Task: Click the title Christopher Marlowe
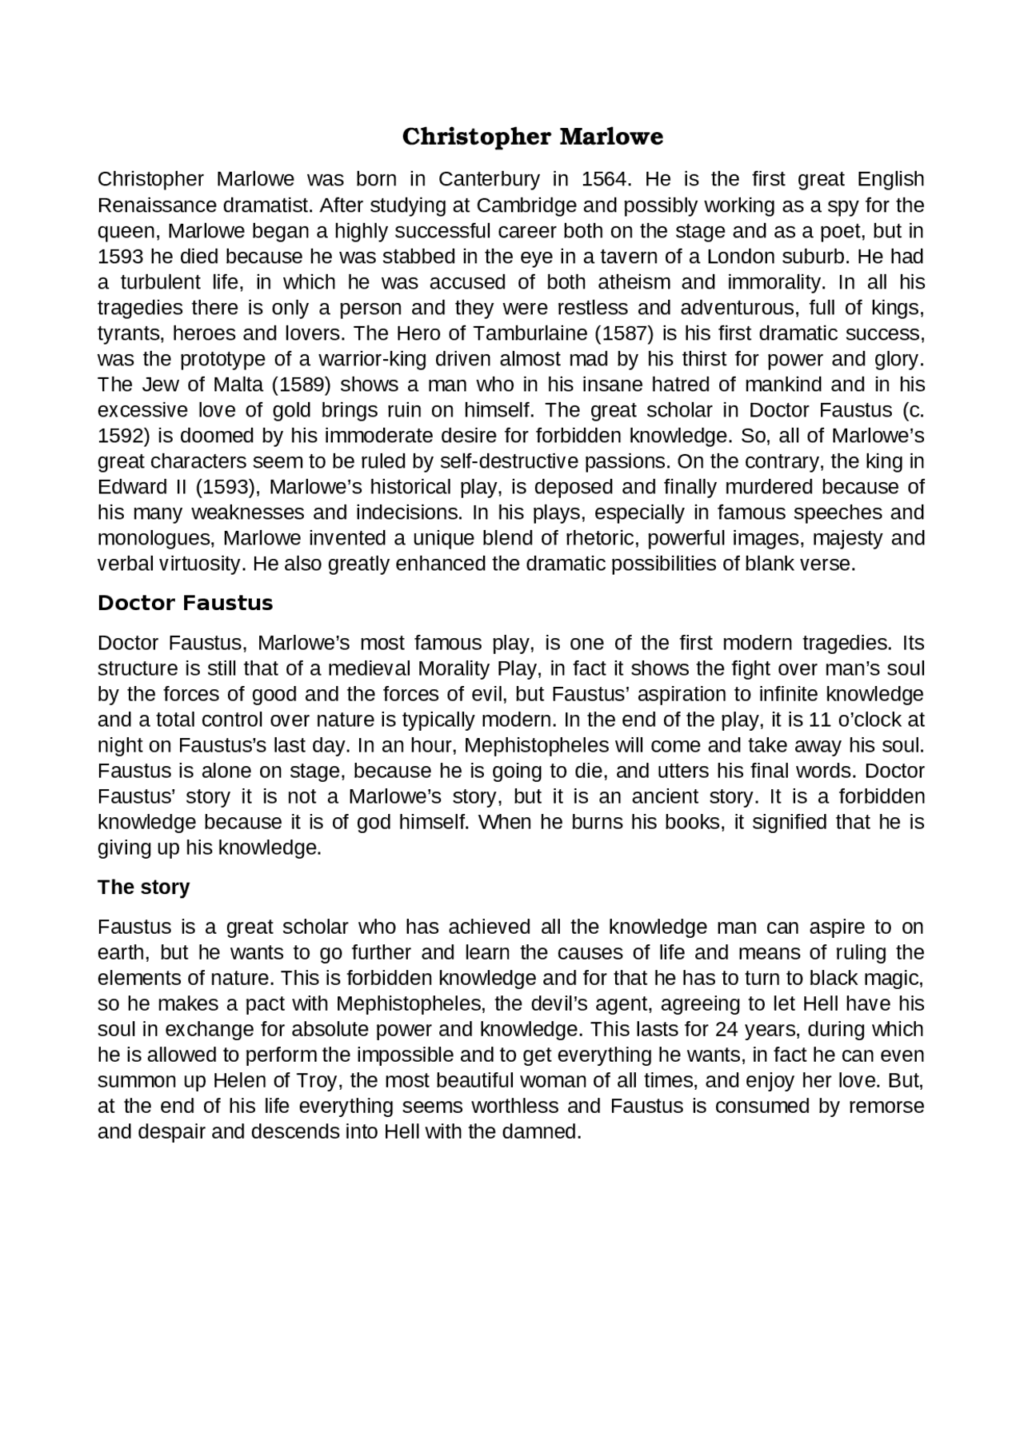pos(532,137)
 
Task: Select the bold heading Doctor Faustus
pos(185,603)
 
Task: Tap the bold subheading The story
pos(143,888)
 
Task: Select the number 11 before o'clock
pos(820,720)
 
